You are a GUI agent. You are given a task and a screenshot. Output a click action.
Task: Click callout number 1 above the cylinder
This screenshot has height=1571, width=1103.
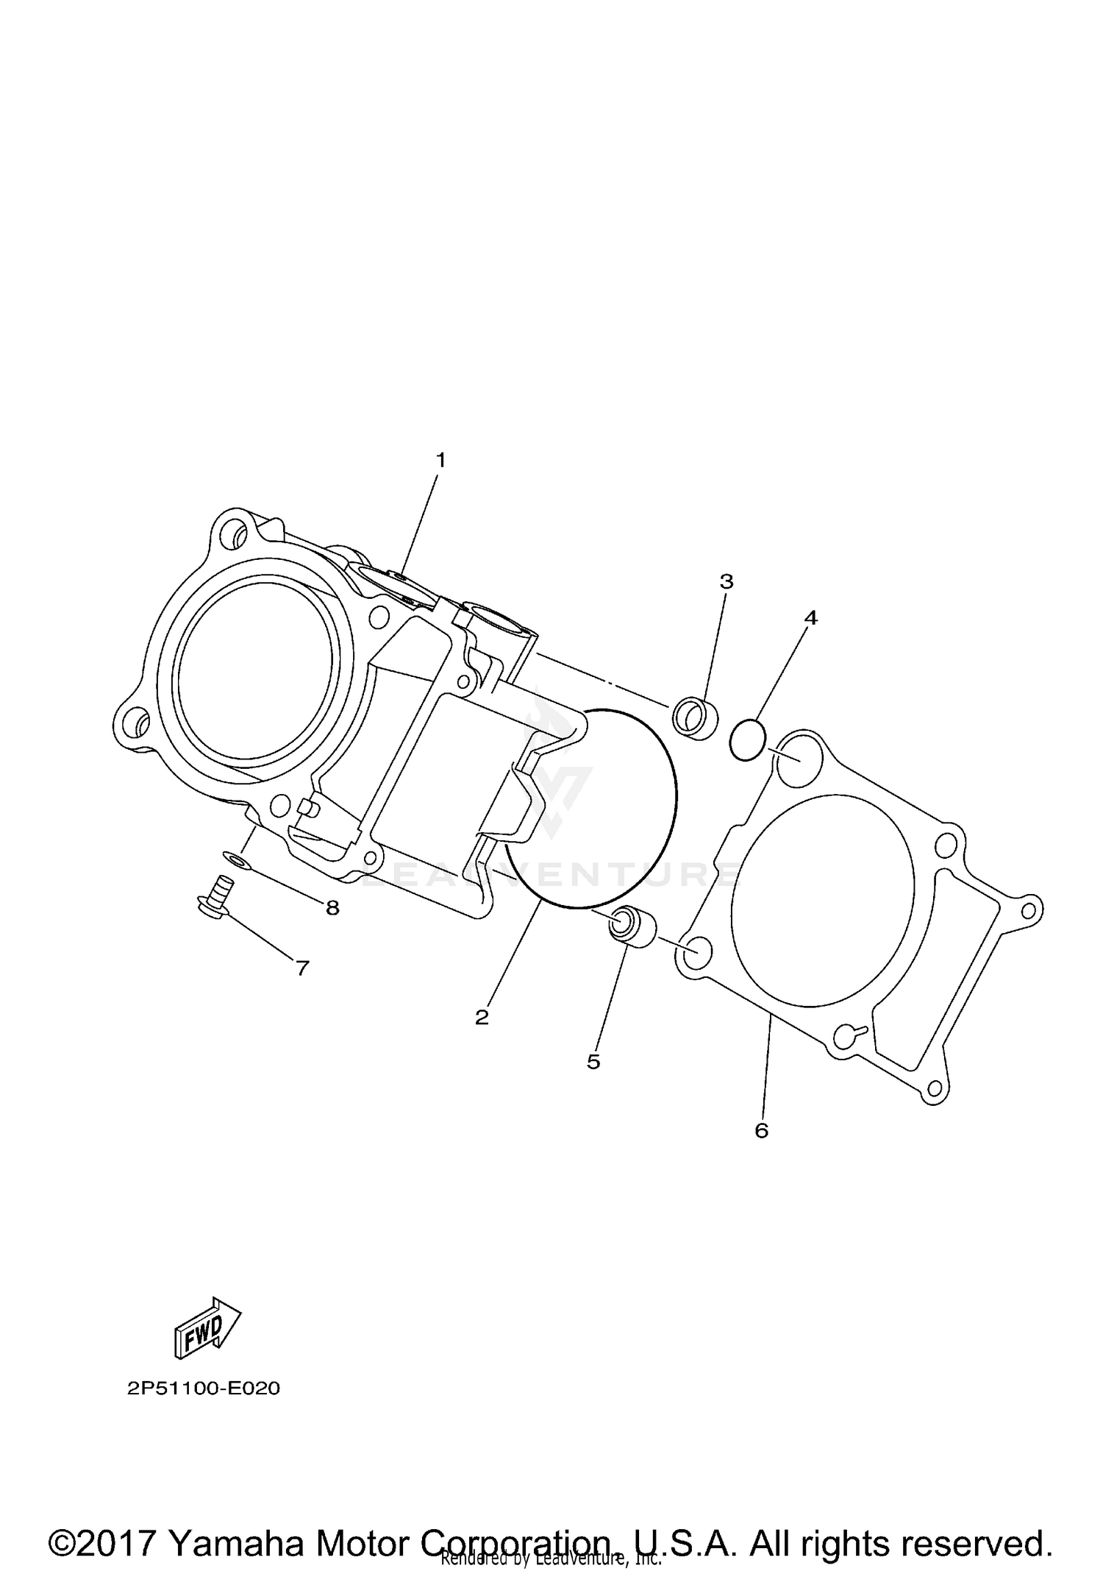click(x=440, y=461)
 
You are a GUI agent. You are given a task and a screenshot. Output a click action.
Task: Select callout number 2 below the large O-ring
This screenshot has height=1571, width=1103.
click(x=482, y=1018)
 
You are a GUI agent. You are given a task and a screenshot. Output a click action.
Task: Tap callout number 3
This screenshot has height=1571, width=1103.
click(x=726, y=582)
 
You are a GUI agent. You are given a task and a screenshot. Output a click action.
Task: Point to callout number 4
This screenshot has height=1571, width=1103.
click(x=810, y=618)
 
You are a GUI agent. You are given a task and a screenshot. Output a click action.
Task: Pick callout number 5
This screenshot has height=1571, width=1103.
click(x=593, y=1061)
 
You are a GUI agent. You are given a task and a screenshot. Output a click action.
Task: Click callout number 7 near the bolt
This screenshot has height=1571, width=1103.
click(x=302, y=968)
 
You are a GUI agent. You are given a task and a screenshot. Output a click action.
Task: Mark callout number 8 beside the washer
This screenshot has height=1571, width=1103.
click(x=332, y=908)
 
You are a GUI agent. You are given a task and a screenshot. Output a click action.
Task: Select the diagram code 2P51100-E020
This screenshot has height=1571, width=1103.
click(x=204, y=1389)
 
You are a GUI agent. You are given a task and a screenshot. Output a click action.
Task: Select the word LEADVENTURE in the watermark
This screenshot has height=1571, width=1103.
click(x=548, y=874)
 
